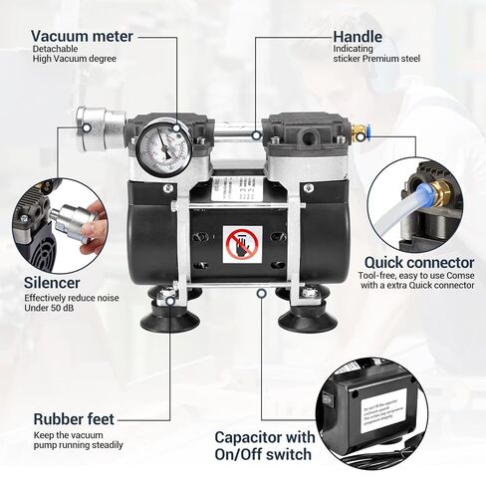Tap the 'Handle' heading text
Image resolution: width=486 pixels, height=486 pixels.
point(358,37)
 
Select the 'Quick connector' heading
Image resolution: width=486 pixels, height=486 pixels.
point(419,264)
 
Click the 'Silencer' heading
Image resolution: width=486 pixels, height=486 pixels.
point(52,282)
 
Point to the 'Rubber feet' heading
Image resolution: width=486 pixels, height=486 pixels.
point(74,419)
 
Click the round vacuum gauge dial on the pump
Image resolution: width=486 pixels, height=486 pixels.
point(170,147)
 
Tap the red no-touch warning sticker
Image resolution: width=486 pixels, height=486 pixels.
point(242,244)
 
